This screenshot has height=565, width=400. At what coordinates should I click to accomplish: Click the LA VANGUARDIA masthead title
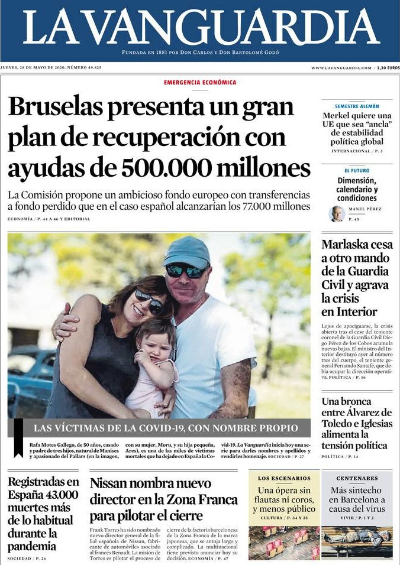click(201, 28)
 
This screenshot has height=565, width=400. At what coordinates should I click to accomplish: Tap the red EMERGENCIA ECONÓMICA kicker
click(200, 83)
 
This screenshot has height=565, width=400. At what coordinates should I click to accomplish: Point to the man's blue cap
click(186, 251)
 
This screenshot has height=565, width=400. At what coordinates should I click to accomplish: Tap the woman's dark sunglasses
click(149, 302)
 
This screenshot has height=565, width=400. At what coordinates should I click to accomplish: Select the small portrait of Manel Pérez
click(337, 213)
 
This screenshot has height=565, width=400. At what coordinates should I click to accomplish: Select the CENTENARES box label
click(357, 478)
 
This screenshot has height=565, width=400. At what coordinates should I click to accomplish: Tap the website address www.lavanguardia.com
click(341, 68)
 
